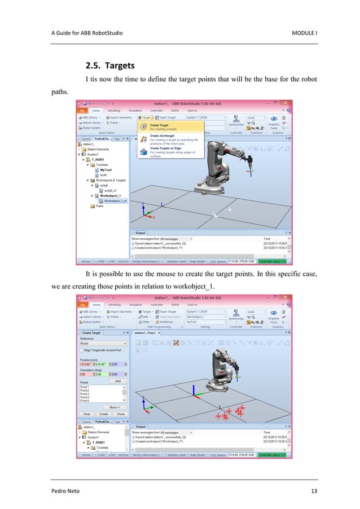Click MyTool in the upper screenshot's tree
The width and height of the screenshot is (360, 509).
pyautogui.click(x=106, y=170)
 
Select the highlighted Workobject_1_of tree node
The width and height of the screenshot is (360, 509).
pyautogui.click(x=115, y=200)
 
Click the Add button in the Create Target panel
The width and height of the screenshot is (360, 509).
pyautogui.click(x=118, y=381)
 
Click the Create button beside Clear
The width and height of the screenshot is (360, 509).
pyautogui.click(x=104, y=414)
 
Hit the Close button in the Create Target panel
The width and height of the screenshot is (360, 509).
pyautogui.click(x=120, y=414)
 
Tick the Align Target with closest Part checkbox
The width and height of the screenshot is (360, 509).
pyautogui.click(x=82, y=350)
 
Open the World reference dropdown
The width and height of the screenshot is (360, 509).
pyautogui.click(x=103, y=343)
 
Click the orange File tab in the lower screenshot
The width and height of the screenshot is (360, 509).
pyautogui.click(x=82, y=305)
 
